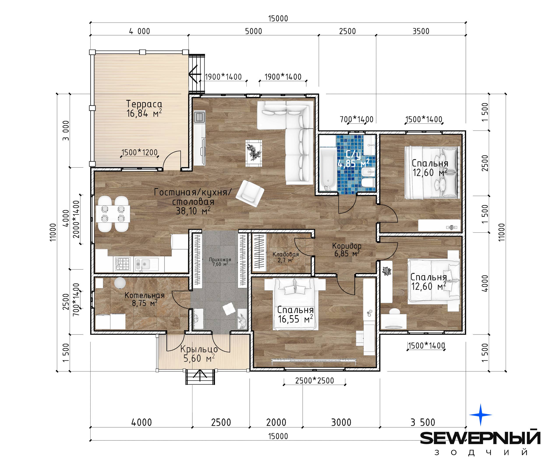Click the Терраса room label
[x=144, y=104]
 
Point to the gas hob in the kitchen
[x=123, y=264]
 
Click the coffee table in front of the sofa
[x=254, y=153]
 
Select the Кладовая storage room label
[x=286, y=254]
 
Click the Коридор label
[x=347, y=246]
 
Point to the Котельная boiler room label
[x=144, y=295]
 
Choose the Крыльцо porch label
[x=199, y=349]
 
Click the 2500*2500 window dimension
[x=314, y=380]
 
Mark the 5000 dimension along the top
[x=253, y=31]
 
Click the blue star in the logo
[x=481, y=415]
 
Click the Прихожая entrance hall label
[x=220, y=260]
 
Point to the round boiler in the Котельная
[x=120, y=283]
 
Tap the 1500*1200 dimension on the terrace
[x=140, y=152]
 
